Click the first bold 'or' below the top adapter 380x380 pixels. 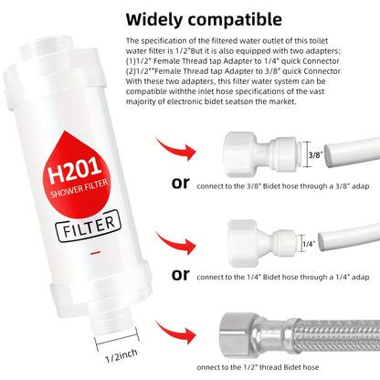[180, 184]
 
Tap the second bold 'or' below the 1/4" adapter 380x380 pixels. [180, 274]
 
